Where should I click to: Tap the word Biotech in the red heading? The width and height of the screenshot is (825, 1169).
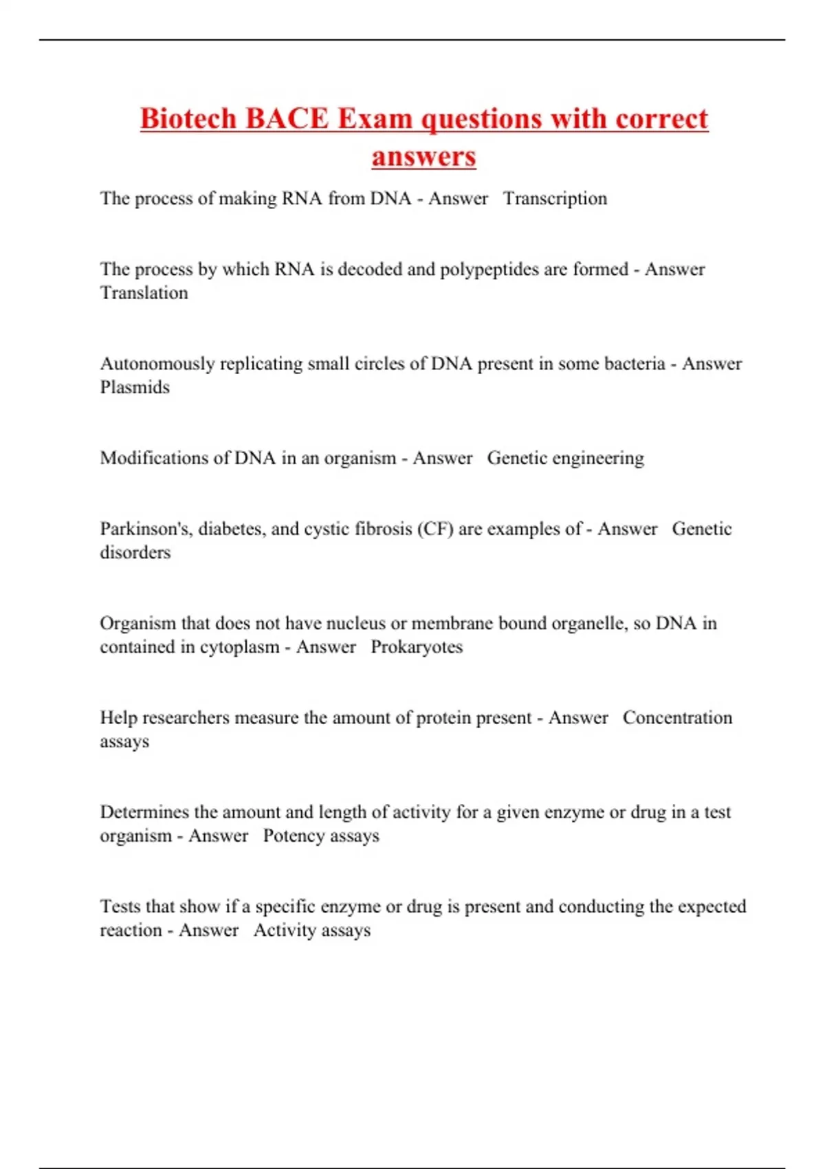188,118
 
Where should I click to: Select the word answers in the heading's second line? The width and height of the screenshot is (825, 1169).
423,156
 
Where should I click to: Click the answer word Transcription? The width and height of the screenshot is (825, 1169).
555,199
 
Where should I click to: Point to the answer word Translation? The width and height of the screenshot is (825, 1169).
144,293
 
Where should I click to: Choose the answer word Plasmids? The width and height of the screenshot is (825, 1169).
135,387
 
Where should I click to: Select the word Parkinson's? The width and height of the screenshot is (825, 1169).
146,529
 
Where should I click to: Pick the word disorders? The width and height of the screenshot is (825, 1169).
135,552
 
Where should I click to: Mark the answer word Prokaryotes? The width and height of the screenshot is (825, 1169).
417,647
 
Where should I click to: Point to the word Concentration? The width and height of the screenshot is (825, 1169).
677,718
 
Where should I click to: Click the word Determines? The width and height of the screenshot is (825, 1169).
144,812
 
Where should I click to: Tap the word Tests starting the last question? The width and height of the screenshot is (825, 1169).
115,906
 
